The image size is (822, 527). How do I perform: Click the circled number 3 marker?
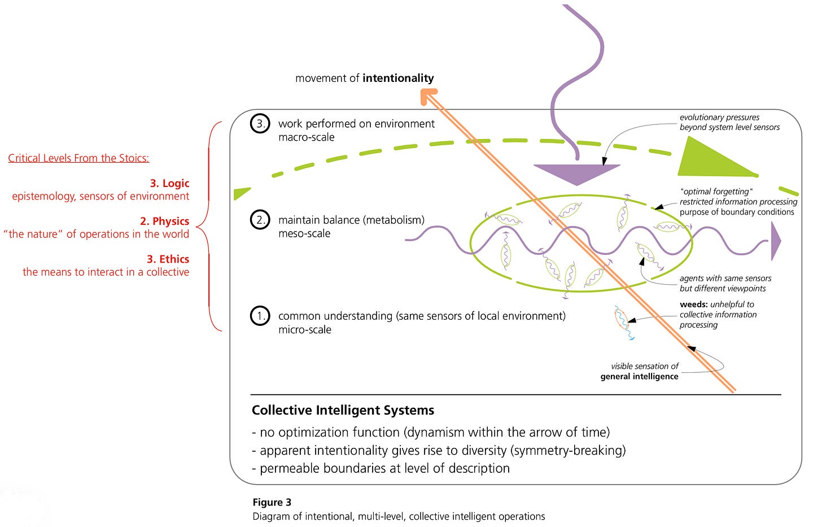[x=260, y=124]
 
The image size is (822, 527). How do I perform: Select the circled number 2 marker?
[x=260, y=220]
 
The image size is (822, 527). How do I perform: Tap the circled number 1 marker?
[x=260, y=316]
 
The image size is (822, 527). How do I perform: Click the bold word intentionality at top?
[x=398, y=78]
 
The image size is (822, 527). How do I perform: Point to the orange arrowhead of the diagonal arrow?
[x=429, y=96]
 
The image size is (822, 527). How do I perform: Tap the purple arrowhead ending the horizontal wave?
[x=776, y=241]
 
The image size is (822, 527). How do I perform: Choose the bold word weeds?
[x=694, y=304]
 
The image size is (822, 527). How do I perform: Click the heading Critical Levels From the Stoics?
[x=78, y=158]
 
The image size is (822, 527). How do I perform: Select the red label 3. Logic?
[x=169, y=183]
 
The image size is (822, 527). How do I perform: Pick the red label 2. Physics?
[x=164, y=221]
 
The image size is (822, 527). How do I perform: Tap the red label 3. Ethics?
[x=168, y=259]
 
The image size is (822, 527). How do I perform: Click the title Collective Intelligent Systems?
[x=343, y=410]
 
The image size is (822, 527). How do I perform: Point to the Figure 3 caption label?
[x=272, y=502]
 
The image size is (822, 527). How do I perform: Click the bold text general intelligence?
[x=639, y=376]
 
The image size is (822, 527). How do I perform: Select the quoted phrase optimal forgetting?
[x=716, y=191]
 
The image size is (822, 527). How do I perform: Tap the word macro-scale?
[x=306, y=137]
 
